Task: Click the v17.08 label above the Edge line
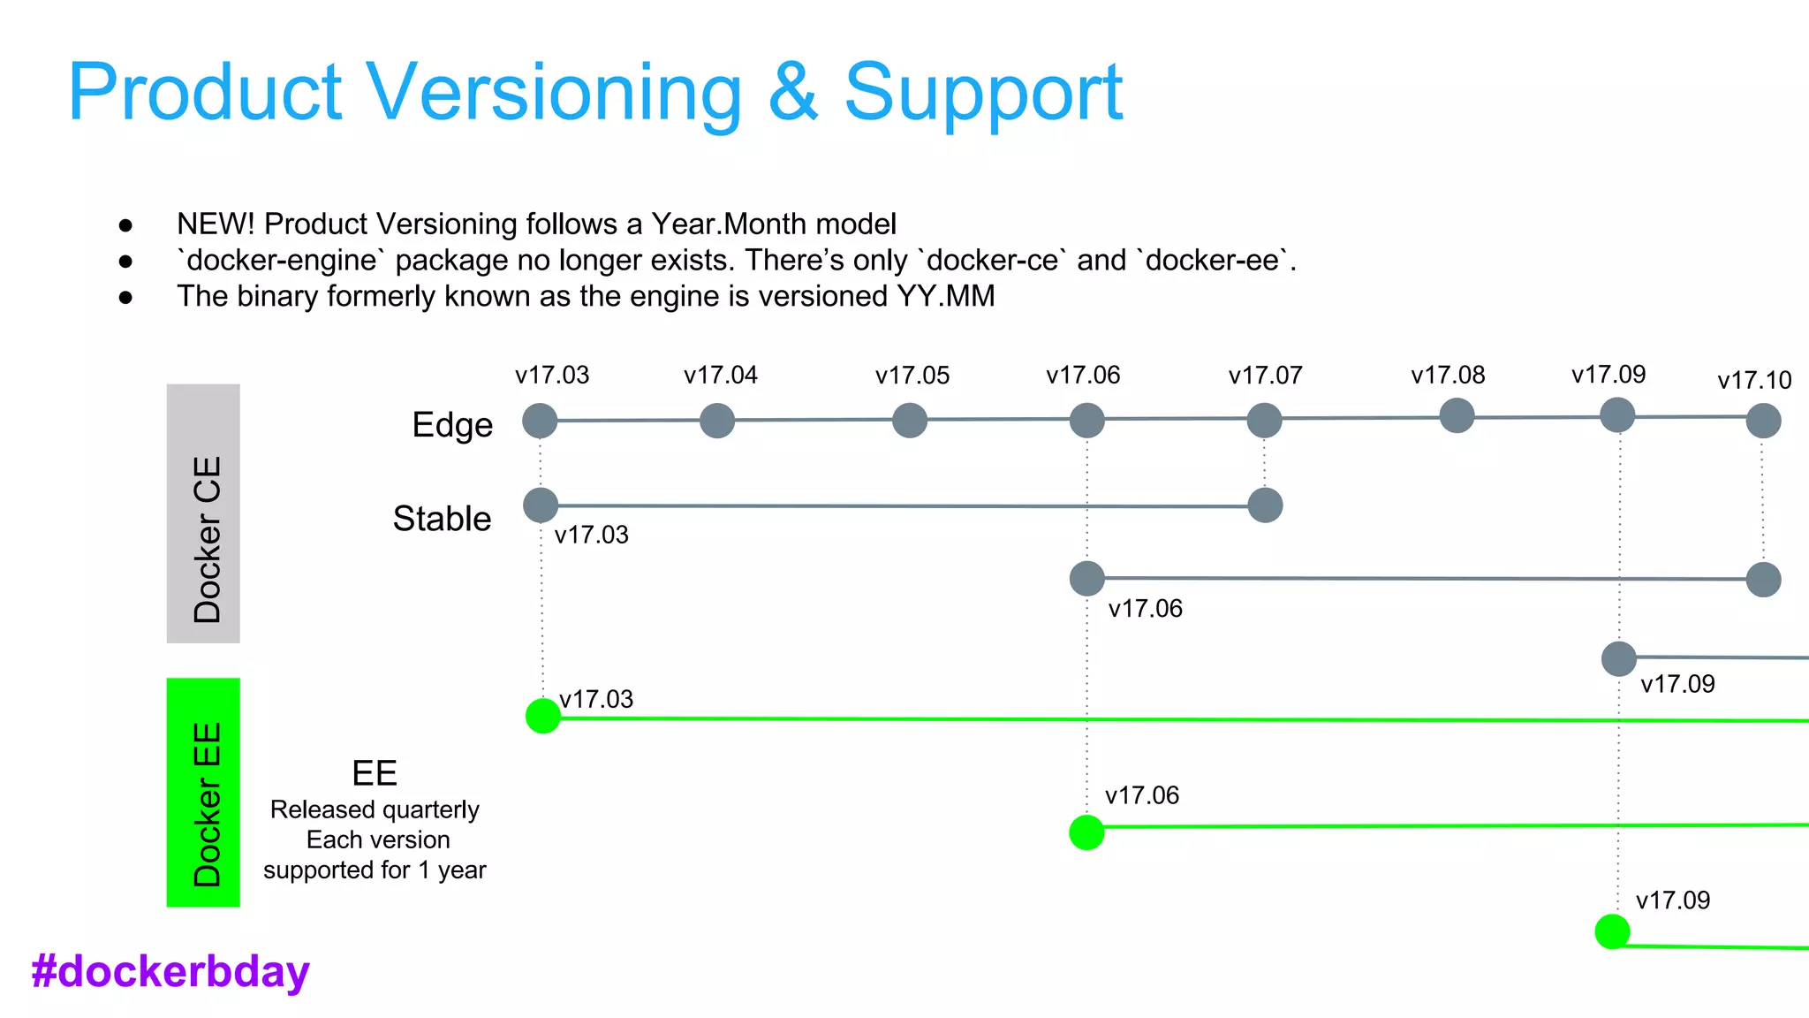(x=1448, y=376)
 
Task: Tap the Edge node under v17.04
(x=717, y=421)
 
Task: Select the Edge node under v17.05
(x=910, y=421)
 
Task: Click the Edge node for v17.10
(x=1763, y=421)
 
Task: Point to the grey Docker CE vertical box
(x=203, y=513)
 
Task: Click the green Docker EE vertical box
(x=203, y=793)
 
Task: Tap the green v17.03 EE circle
(x=543, y=716)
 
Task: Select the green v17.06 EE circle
(x=1086, y=832)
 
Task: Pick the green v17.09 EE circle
(x=1612, y=931)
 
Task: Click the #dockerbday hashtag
(x=170, y=971)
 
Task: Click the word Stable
(x=442, y=519)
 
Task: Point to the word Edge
(x=452, y=425)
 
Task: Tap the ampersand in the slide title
(x=792, y=93)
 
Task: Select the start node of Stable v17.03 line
(x=541, y=505)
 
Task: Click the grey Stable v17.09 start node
(x=1618, y=659)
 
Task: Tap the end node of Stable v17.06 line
(x=1763, y=580)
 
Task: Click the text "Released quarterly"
(x=375, y=809)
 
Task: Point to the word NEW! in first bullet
(x=216, y=224)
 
